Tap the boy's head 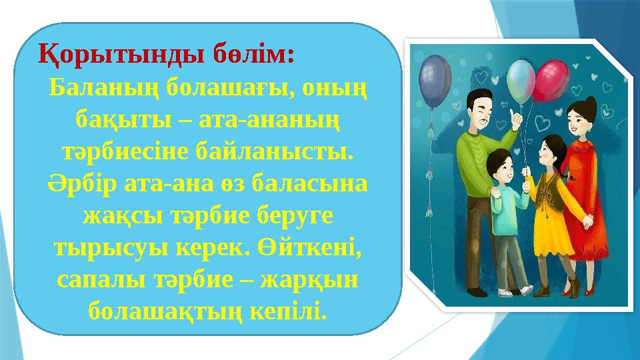[x=499, y=163]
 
